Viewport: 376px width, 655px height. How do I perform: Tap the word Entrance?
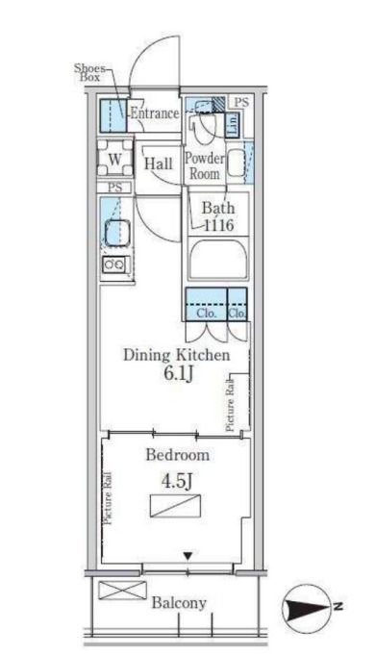coord(154,113)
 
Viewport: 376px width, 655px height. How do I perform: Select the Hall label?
coord(159,164)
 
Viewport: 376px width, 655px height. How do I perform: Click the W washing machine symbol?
coord(114,160)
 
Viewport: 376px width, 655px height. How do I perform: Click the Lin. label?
coord(233,121)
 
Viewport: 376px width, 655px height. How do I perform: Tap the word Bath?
coord(217,207)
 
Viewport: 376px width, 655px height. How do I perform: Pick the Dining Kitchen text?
coord(176,356)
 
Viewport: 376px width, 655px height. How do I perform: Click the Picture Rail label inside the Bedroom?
coord(107,499)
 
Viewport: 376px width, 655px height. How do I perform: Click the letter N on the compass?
coord(338,606)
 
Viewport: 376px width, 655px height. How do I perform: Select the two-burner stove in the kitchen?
coord(113,265)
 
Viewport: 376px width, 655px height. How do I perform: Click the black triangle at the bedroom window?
coord(188,555)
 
